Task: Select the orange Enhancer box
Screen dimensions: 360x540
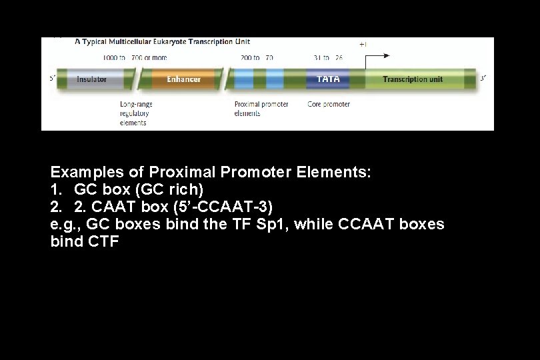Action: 183,79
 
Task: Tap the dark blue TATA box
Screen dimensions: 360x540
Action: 328,79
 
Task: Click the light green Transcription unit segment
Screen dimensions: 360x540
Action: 413,79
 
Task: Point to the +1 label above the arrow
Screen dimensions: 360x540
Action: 363,44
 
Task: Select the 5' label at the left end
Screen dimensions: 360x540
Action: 52,79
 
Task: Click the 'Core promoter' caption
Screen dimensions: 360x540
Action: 328,104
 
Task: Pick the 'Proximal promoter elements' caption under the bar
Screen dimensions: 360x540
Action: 261,109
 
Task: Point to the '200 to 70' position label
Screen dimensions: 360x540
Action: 257,58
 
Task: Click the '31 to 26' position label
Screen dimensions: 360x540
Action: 328,58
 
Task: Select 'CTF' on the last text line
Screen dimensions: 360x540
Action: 103,241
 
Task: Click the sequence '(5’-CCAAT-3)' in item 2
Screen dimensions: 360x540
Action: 228,207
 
